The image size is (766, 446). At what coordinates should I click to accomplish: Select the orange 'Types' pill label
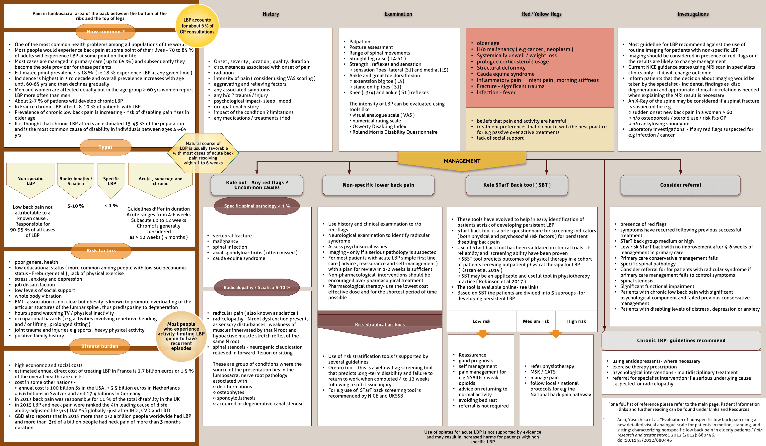106,147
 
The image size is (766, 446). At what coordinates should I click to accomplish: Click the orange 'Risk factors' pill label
101,251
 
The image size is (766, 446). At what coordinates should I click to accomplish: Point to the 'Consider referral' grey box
680,185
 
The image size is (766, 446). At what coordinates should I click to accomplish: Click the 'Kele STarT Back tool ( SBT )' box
516,185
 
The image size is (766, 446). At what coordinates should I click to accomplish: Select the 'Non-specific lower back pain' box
378,185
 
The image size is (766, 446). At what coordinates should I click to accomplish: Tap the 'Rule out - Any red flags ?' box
257,185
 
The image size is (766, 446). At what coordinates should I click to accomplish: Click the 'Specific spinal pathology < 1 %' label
257,206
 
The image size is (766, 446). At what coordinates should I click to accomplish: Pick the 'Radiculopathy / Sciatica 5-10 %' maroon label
257,287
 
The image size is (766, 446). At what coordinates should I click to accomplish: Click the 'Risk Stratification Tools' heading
380,324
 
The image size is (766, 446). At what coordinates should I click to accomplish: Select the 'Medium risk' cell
536,321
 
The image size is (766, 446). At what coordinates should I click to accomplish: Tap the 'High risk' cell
576,321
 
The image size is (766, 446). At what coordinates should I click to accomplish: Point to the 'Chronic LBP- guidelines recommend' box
681,341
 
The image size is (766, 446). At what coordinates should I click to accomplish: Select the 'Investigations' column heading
693,14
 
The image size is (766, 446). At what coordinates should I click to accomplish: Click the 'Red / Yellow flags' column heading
541,14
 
